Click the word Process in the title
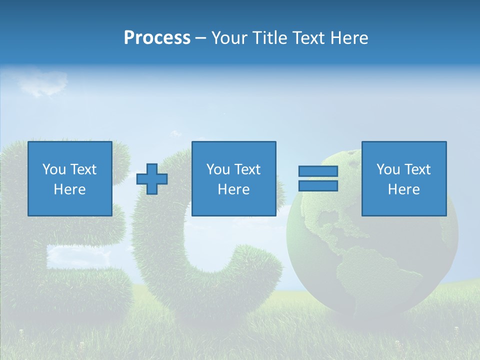click(157, 38)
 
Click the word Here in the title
click(350, 38)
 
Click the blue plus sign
click(152, 179)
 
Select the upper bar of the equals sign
click(318, 171)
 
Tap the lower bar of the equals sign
click(318, 185)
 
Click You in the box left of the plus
click(54, 169)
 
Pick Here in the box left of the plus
click(69, 189)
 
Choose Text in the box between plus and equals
click(247, 169)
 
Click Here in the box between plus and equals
click(233, 189)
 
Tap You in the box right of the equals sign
click(388, 169)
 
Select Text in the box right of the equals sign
click(417, 169)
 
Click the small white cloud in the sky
click(42, 82)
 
